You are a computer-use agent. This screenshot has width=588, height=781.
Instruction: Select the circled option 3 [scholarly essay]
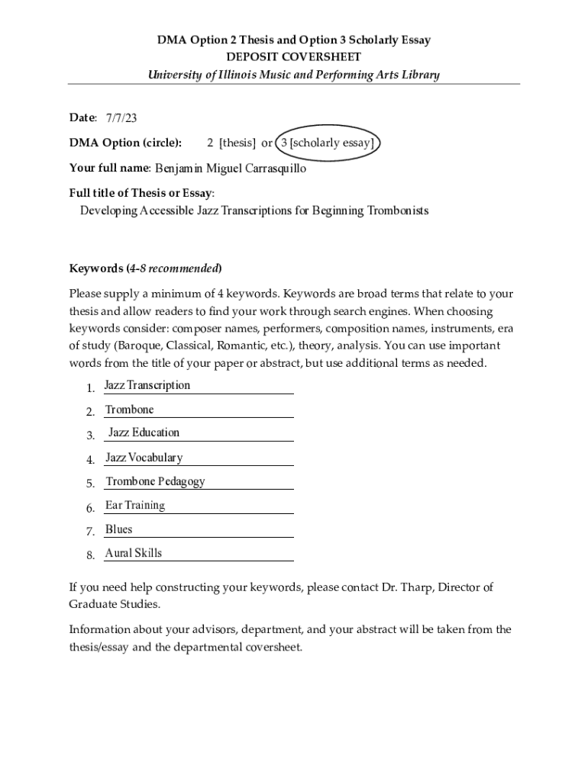(327, 143)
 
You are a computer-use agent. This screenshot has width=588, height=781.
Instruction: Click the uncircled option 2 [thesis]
(232, 143)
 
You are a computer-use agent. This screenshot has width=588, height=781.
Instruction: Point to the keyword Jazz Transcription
(147, 385)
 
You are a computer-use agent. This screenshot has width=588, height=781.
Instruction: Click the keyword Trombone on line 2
(129, 410)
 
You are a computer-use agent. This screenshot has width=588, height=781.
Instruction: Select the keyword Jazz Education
(144, 432)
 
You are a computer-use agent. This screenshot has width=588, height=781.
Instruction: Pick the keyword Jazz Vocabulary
(144, 458)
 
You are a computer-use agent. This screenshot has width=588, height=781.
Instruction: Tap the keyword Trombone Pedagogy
(155, 481)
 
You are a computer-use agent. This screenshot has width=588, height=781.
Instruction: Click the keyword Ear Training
(135, 505)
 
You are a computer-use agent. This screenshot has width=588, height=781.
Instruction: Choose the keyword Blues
(118, 529)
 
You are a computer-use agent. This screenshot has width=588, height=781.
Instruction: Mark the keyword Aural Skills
(133, 553)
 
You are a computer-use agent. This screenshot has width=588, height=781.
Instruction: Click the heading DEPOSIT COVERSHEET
(294, 57)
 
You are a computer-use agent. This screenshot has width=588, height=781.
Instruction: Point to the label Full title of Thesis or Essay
(141, 193)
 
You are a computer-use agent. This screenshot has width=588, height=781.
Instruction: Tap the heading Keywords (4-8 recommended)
(145, 268)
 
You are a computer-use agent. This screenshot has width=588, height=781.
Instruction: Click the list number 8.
(90, 555)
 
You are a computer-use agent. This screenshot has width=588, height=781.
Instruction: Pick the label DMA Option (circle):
(125, 143)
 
